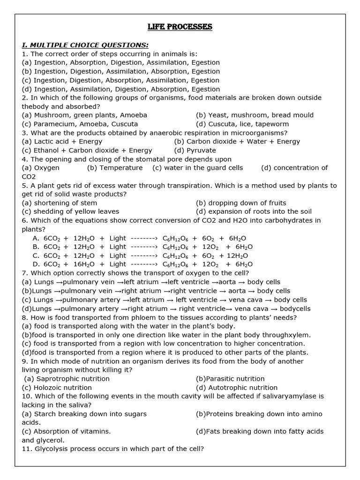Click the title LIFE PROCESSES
tap(180, 27)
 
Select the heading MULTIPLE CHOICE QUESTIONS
tap(85, 45)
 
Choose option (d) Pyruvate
tap(195, 150)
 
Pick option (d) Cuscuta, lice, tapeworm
tap(242, 124)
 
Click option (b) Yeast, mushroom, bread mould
tap(255, 115)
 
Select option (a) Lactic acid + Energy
tap(62, 142)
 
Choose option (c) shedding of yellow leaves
tap(70, 211)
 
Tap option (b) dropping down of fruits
tap(240, 203)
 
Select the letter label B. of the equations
tap(36, 247)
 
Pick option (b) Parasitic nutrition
tap(230, 379)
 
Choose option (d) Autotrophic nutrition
tap(236, 388)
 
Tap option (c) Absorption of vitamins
tap(66, 431)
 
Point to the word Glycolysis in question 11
tap(51, 449)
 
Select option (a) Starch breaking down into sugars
tap(84, 414)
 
